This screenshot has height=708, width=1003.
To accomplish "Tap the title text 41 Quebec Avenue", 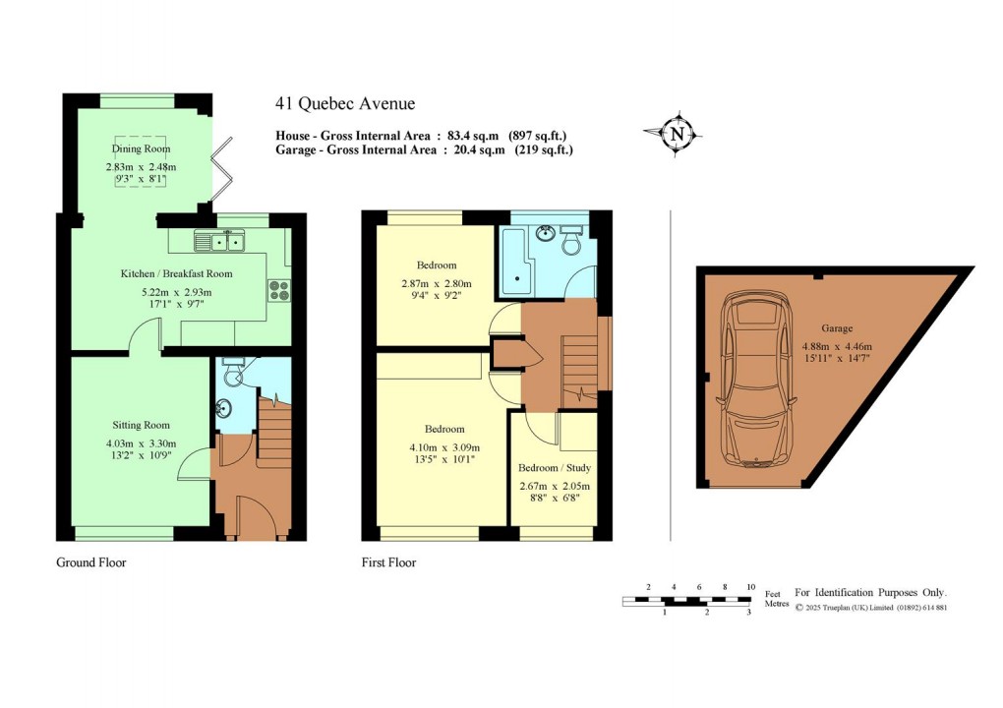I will (345, 104).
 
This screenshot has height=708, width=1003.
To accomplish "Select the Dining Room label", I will (141, 149).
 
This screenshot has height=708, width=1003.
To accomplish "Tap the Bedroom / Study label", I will (555, 468).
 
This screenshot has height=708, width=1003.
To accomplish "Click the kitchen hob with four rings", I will (278, 290).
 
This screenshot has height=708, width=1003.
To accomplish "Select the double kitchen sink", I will (222, 241).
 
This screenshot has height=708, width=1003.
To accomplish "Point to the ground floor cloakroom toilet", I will (232, 375).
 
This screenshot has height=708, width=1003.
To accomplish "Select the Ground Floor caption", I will (91, 562).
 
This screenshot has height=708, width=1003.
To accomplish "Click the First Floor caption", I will (388, 562).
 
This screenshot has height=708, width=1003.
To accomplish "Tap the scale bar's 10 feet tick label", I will (750, 587).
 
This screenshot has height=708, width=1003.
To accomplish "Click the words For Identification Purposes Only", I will (870, 592).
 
